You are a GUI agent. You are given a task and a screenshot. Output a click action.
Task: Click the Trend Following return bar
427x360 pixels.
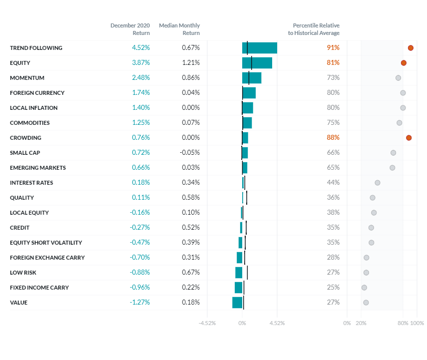point(260,48)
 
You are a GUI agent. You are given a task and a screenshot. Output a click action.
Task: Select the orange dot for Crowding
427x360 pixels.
point(409,138)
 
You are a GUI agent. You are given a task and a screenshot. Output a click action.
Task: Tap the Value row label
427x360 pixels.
point(18,303)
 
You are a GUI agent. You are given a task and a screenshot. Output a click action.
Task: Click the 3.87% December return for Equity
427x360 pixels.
point(141,63)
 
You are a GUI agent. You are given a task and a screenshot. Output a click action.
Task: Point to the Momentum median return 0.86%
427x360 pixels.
point(190,78)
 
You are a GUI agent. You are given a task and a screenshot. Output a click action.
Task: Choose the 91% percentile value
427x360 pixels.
point(333,48)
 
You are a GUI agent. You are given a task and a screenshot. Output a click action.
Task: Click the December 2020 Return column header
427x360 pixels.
point(130,29)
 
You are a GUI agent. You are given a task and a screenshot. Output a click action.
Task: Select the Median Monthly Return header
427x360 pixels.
point(179,29)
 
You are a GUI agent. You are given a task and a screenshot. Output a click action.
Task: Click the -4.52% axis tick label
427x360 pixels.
point(207,323)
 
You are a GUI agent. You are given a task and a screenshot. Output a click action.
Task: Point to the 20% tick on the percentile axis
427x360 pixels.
point(361,323)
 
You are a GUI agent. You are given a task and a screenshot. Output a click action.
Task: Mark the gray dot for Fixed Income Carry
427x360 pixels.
point(364,288)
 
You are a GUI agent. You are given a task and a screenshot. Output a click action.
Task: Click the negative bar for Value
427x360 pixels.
point(237,303)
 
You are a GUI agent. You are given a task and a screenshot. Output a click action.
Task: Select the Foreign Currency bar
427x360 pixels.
point(249,93)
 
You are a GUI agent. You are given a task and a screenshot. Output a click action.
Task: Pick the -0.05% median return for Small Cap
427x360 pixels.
point(190,153)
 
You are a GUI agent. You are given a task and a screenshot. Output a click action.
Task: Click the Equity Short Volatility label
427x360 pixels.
point(46,243)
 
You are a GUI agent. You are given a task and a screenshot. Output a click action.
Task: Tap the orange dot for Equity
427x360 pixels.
point(404,63)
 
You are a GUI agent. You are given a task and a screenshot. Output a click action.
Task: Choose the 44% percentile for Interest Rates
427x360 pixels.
point(333,183)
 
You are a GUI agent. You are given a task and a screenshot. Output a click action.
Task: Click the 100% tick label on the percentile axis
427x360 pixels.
point(417,323)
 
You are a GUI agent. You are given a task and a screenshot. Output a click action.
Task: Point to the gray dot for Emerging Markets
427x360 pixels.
point(392,168)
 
